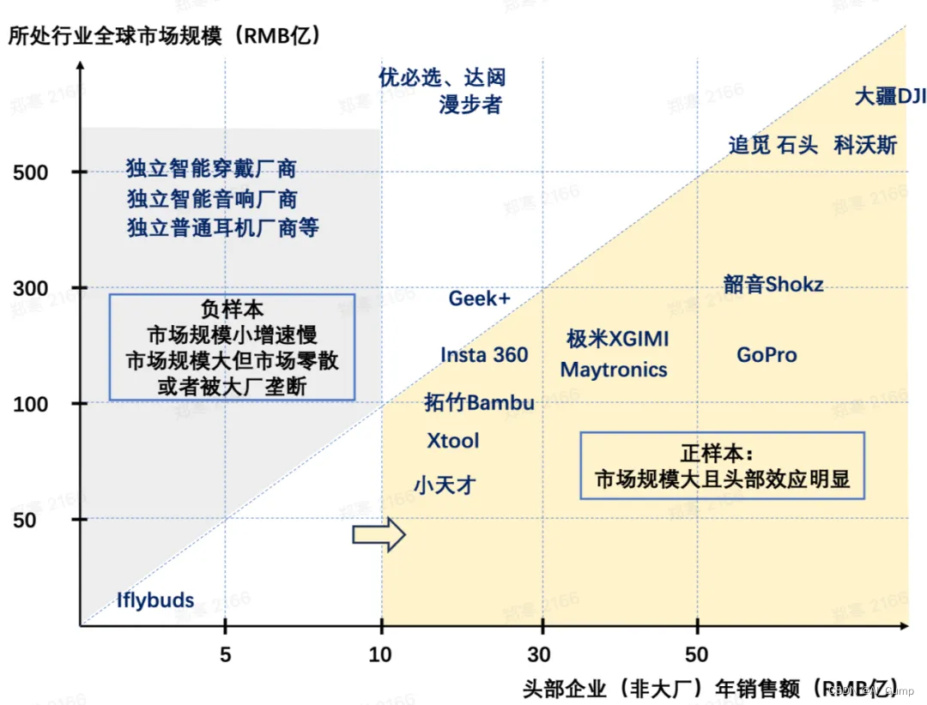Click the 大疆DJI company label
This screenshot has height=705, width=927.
pos(890,96)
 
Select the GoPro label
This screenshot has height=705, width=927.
pos(766,354)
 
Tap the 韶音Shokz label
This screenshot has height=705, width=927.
pos(773,284)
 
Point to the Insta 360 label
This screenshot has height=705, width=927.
pos(484,355)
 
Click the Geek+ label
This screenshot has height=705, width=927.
pos(479,298)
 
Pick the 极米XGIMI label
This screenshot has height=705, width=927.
pos(616,339)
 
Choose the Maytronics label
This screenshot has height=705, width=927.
pos(614,370)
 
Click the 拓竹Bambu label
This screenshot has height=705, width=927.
pos(479,402)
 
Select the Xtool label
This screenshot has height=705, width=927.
pos(453,441)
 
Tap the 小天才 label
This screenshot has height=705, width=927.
pos(445,485)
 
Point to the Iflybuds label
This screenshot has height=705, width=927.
pos(155,600)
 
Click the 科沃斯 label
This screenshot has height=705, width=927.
pos(865,145)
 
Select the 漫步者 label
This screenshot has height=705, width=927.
pos(470,105)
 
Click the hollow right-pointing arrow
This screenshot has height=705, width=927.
pos(379,534)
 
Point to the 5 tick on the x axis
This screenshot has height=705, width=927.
pos(225,655)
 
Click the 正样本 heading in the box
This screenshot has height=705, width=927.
pos(716,453)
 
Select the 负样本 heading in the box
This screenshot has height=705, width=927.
pos(232,310)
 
